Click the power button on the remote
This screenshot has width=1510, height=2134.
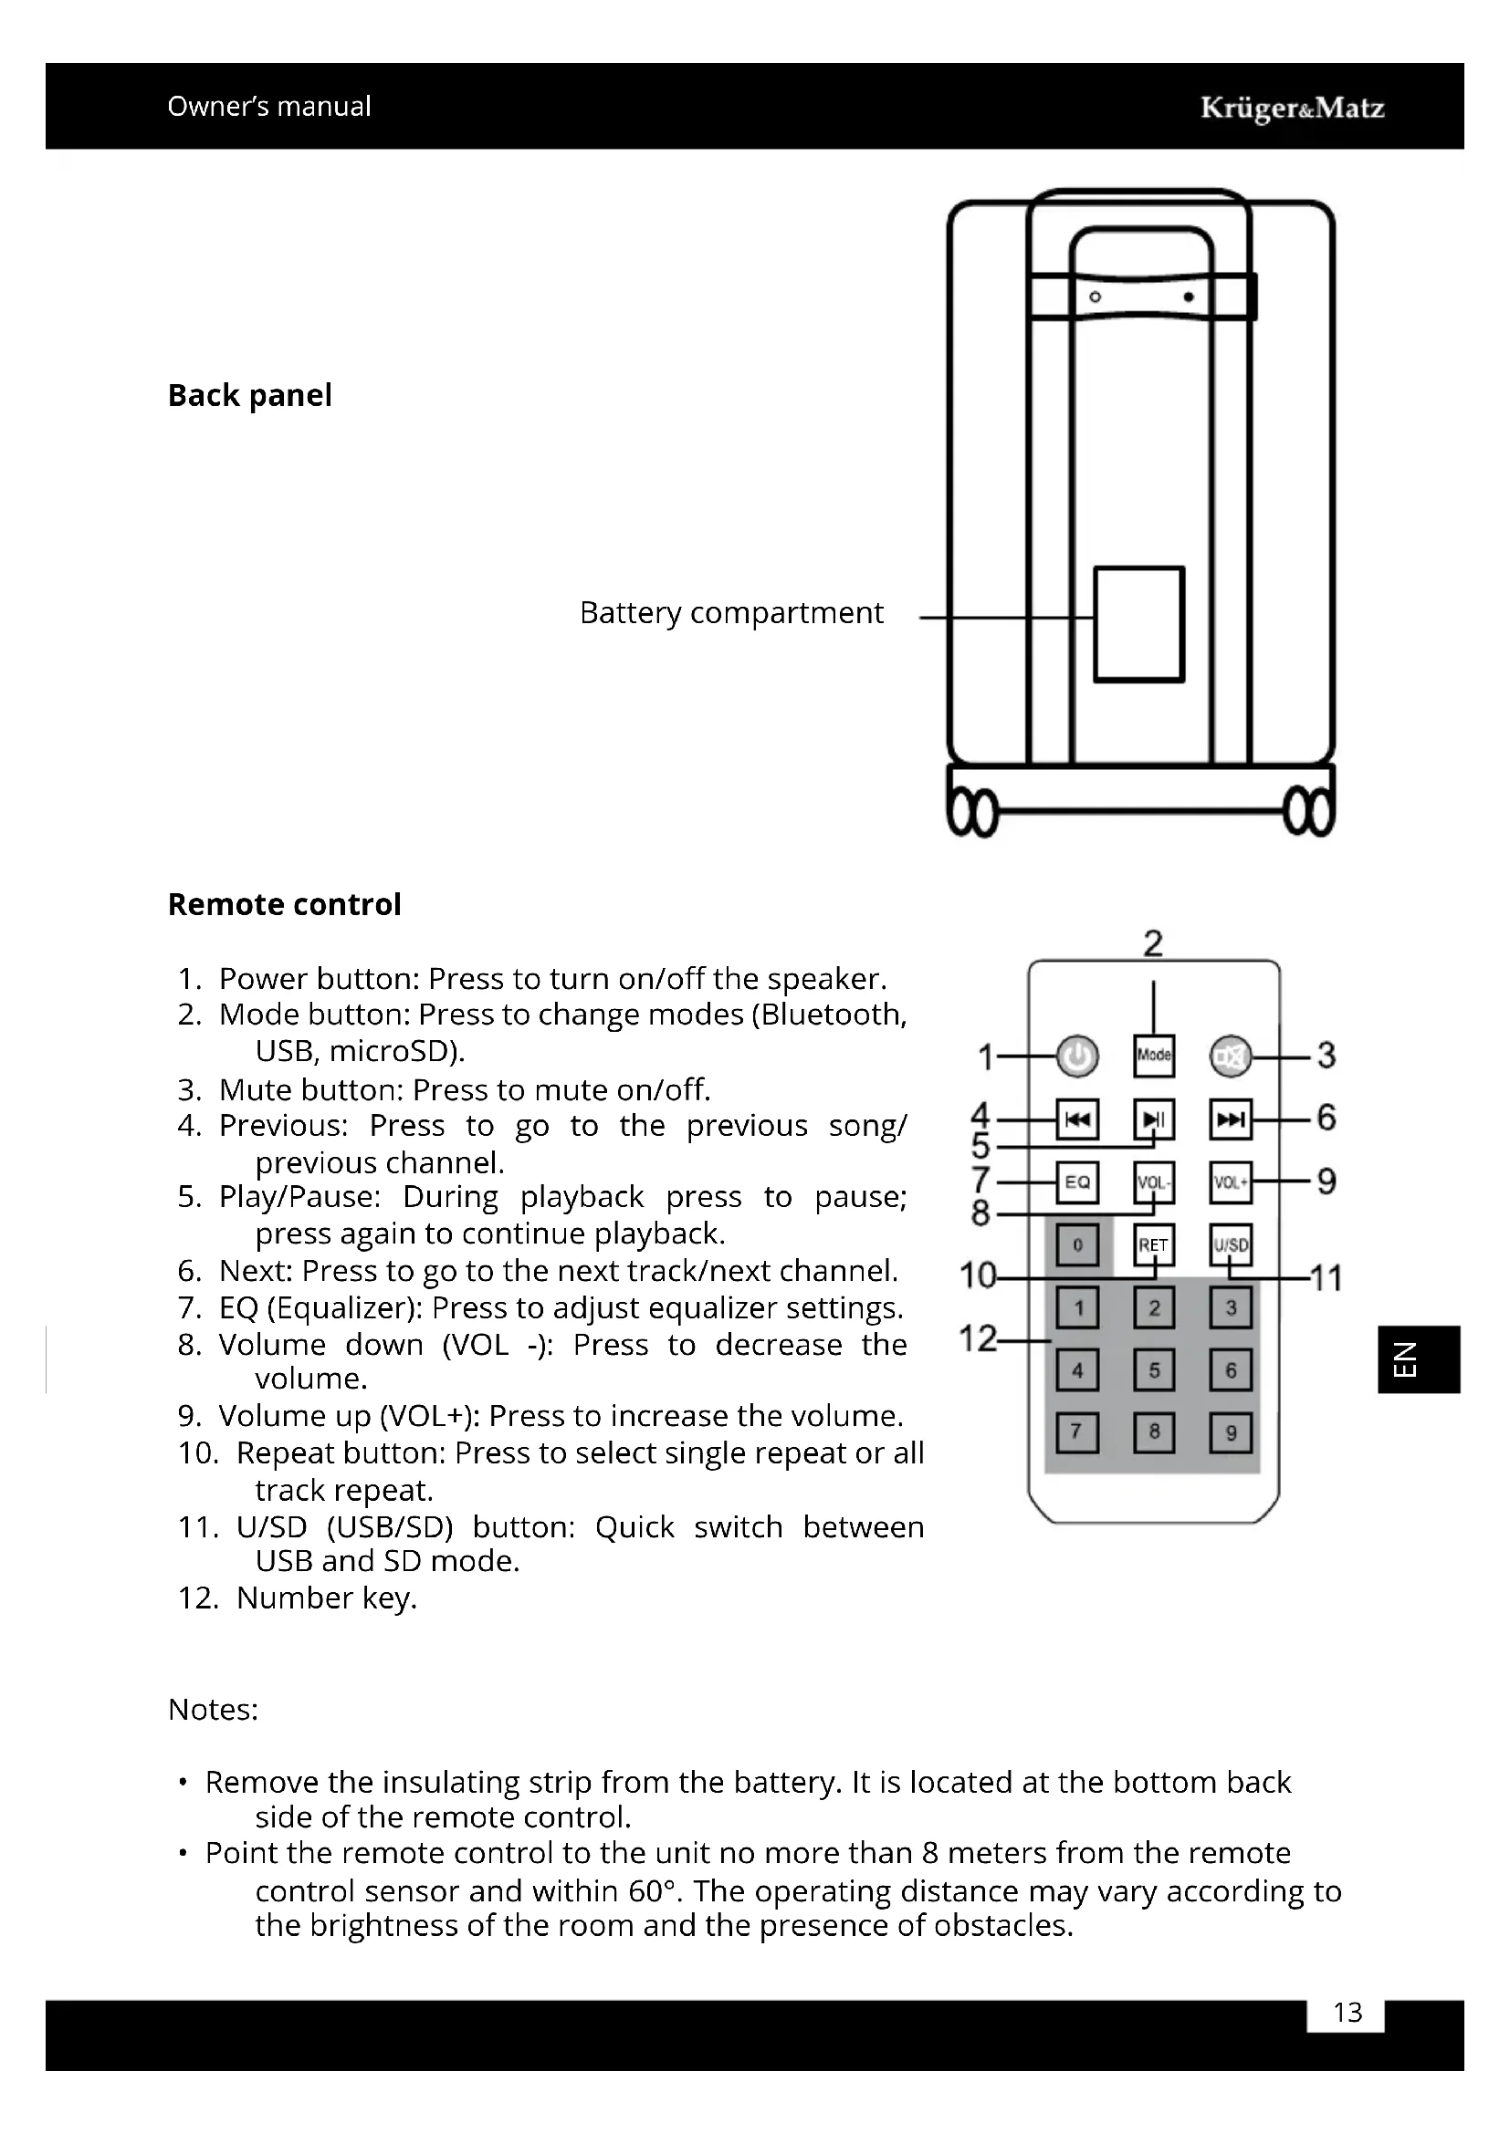[x=1077, y=1057]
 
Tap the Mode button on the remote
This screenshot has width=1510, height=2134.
[x=1154, y=1056]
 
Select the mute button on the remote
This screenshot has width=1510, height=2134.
[x=1230, y=1057]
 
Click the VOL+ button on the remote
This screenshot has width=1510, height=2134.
[x=1230, y=1182]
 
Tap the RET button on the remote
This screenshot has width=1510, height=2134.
[x=1154, y=1245]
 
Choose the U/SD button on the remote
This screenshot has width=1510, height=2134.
[x=1230, y=1245]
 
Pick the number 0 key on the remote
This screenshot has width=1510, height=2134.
[x=1077, y=1245]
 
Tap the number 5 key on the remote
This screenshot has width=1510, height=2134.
[x=1154, y=1370]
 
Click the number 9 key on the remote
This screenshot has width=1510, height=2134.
[x=1230, y=1433]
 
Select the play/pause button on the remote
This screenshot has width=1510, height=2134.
[x=1154, y=1119]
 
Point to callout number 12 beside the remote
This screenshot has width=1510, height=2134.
[x=976, y=1339]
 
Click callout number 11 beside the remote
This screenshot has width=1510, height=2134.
[x=1326, y=1279]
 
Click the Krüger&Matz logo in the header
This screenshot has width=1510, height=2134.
[x=1292, y=108]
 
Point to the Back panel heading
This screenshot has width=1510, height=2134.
[x=249, y=395]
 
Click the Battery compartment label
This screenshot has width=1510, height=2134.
[x=731, y=613]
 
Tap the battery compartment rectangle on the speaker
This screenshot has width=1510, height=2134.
[x=1138, y=625]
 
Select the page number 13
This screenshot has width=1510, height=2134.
[x=1347, y=2013]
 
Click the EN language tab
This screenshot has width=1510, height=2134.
[x=1418, y=1358]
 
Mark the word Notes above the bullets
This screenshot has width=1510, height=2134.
[x=213, y=1709]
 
